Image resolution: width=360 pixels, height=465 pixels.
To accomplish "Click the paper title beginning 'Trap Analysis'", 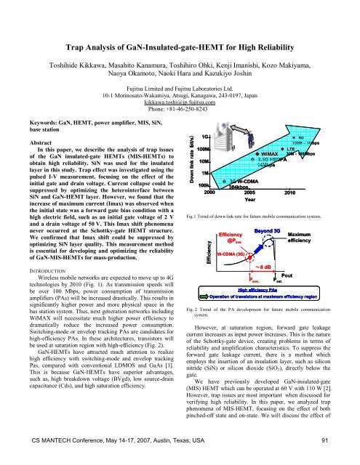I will click(x=180, y=29).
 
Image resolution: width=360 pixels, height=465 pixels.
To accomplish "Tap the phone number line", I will click(x=180, y=111).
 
